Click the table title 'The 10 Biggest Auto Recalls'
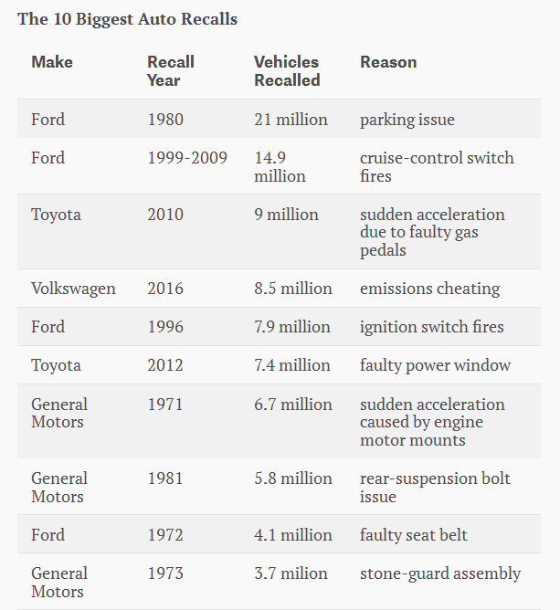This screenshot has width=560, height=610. point(127,19)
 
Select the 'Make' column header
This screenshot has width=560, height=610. point(52,62)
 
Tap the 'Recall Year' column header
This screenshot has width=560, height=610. point(171,71)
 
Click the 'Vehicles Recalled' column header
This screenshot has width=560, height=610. point(287,71)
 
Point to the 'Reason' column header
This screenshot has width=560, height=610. point(388,62)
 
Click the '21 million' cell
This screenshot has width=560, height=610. point(291,120)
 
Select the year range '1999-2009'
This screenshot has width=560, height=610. point(187,158)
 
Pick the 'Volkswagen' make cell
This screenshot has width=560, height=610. point(73,289)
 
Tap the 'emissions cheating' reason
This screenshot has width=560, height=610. point(429,289)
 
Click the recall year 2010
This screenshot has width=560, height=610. point(165,215)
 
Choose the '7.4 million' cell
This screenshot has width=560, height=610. point(292,365)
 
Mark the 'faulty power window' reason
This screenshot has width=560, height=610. point(435,365)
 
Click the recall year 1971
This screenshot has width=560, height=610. point(164,405)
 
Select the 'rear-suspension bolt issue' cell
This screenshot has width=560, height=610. point(435,488)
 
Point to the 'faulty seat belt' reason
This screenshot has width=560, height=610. point(414,535)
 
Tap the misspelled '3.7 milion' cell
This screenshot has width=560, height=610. point(291,573)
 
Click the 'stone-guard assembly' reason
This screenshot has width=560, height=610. point(440,573)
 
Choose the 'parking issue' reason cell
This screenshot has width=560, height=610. point(407,120)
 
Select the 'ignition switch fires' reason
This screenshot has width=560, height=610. point(432,327)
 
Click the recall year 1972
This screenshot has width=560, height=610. point(165,535)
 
